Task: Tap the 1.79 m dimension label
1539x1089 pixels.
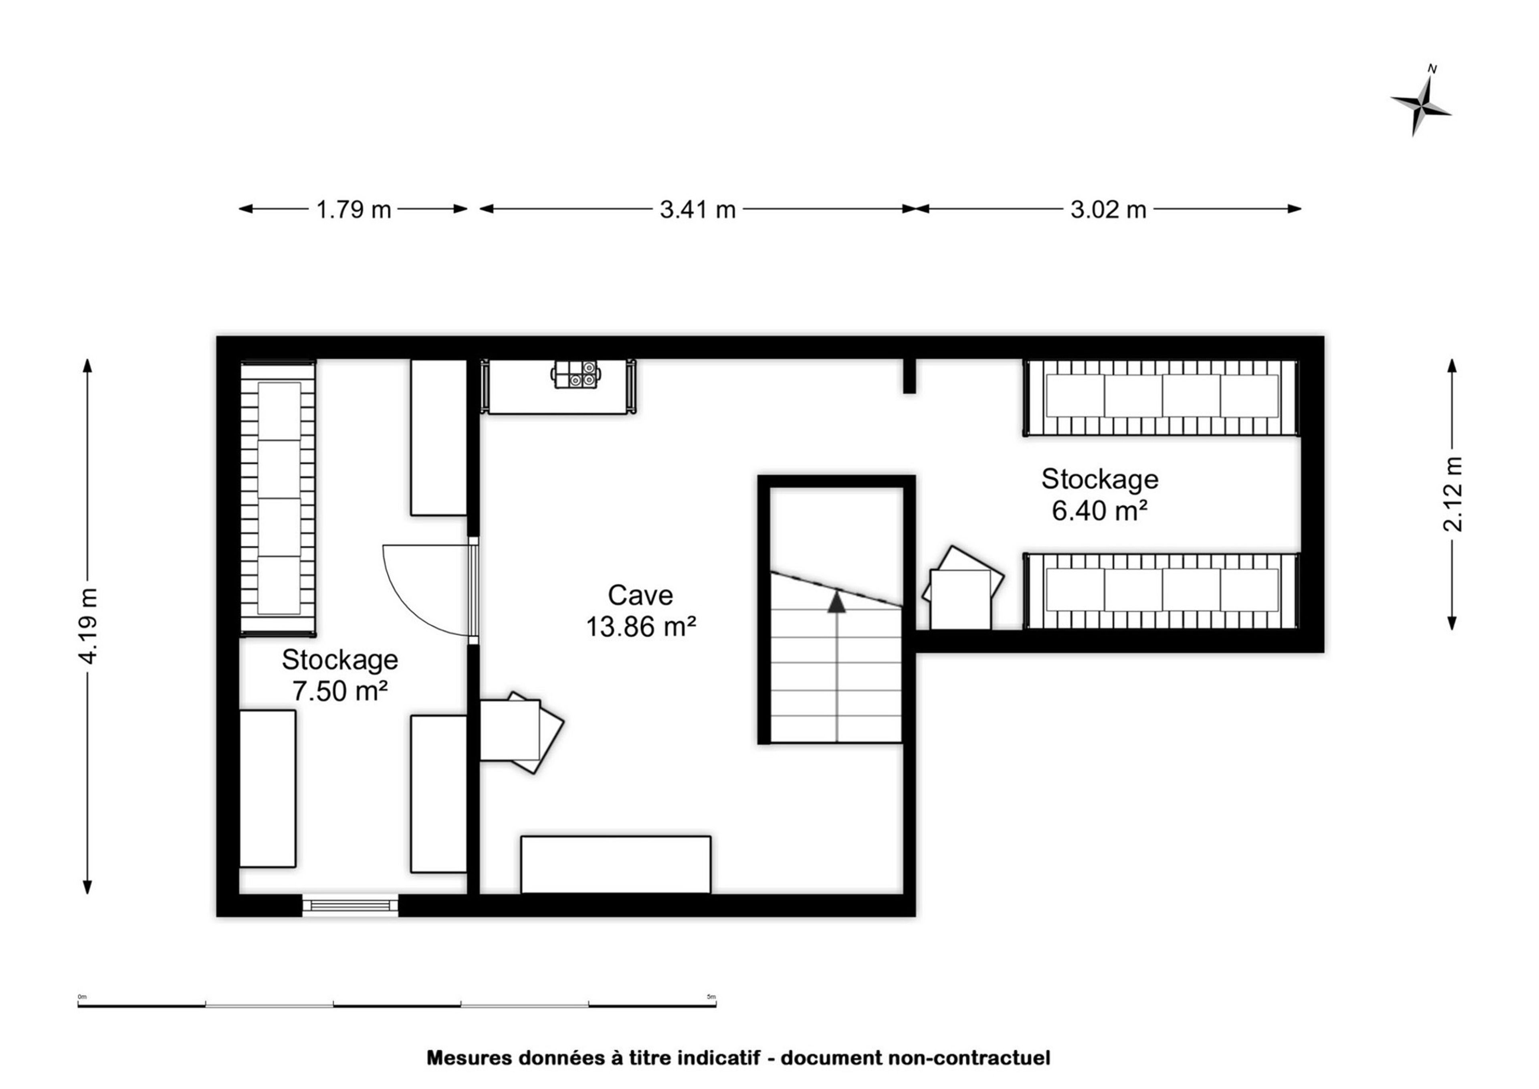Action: point(353,210)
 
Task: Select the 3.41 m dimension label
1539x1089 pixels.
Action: point(697,210)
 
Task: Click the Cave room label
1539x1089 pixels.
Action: point(640,595)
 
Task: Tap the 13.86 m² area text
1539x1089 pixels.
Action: point(641,626)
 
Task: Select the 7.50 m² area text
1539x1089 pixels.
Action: point(340,691)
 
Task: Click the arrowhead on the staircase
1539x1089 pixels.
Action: point(836,602)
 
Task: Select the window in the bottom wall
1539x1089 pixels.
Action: point(350,905)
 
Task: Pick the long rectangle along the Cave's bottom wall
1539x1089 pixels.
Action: point(616,865)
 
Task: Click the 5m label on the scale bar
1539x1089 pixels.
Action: point(711,996)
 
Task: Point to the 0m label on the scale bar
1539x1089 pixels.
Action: point(83,996)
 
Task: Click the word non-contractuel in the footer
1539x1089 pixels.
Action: point(969,1057)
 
